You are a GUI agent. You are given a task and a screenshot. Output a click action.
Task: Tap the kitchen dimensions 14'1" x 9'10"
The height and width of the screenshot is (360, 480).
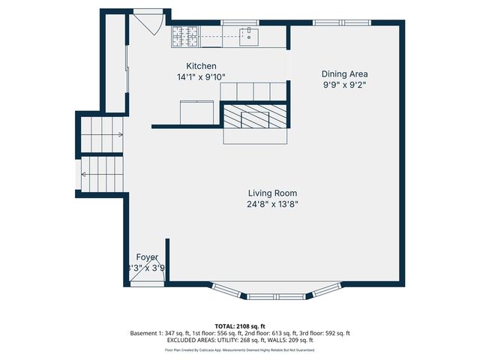point(201,76)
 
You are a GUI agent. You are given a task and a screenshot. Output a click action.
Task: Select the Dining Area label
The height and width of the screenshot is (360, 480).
point(344,73)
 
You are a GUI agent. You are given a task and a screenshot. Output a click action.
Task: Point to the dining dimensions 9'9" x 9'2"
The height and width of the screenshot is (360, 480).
point(344,85)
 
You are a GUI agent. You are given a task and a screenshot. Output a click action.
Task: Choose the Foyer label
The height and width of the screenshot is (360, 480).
point(147,257)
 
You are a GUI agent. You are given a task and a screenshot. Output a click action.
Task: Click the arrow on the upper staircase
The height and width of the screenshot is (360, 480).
point(120,135)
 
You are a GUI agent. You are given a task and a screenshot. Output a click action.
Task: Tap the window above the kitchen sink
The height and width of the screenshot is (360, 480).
point(235,22)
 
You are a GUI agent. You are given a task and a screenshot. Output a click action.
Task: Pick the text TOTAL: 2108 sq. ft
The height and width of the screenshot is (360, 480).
point(240,326)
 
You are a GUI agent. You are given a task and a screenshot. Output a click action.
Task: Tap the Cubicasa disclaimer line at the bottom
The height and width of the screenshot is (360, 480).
point(240,349)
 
